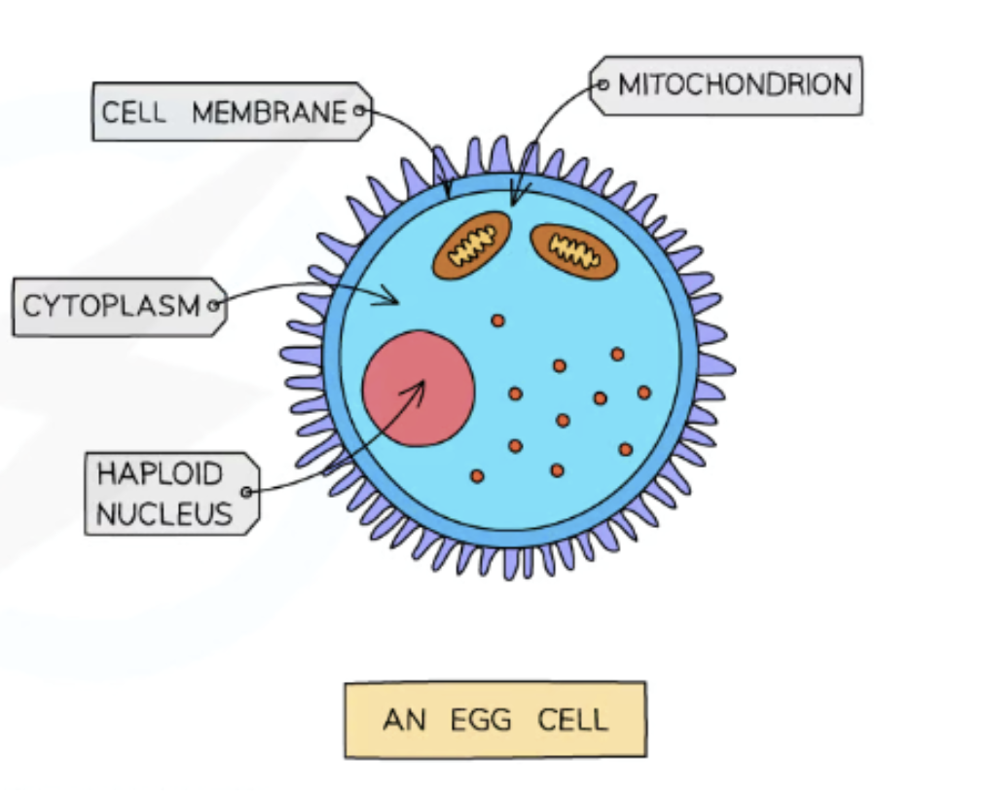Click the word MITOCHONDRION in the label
[x=735, y=85]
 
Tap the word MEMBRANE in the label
[x=269, y=113]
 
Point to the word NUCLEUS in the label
[x=164, y=512]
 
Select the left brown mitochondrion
[x=472, y=244]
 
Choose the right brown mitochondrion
[x=574, y=251]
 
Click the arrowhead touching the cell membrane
[x=447, y=194]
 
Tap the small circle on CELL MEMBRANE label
[x=359, y=111]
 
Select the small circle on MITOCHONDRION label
[x=602, y=86]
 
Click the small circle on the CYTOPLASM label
[x=214, y=307]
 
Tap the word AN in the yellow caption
[x=404, y=721]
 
